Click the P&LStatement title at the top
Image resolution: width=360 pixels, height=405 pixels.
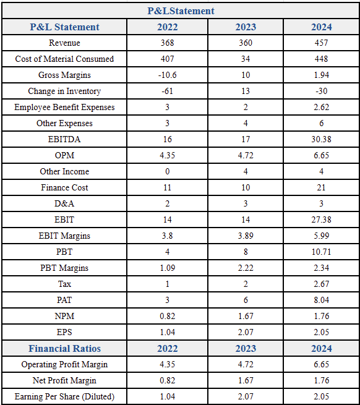click(x=181, y=11)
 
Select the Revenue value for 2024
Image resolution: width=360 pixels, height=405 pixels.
click(x=321, y=43)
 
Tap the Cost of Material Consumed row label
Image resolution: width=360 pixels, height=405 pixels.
click(x=64, y=59)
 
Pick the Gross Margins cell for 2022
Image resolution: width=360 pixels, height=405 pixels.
click(x=167, y=75)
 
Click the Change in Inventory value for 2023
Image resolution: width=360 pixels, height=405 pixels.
click(x=246, y=91)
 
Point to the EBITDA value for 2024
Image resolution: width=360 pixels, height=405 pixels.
click(x=321, y=139)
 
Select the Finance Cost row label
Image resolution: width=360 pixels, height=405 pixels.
click(x=64, y=187)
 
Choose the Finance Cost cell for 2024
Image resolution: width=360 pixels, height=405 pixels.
click(x=321, y=187)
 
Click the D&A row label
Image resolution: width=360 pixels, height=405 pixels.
click(x=64, y=203)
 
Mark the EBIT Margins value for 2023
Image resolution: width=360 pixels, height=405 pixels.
click(x=246, y=236)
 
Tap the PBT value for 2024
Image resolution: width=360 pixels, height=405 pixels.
click(x=321, y=252)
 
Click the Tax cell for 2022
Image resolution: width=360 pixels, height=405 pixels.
click(x=167, y=284)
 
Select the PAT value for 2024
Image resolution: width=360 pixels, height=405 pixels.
click(x=321, y=300)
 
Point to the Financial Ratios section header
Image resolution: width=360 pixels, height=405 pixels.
click(x=64, y=349)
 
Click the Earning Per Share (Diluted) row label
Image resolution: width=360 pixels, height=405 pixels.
click(x=64, y=396)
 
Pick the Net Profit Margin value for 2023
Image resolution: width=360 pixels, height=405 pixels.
click(x=246, y=380)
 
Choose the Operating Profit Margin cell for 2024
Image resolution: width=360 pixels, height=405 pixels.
click(x=321, y=364)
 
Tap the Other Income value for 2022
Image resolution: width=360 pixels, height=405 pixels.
click(x=167, y=171)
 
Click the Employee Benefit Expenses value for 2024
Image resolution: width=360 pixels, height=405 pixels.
click(x=321, y=107)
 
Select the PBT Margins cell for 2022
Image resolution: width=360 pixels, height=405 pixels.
click(x=167, y=268)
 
